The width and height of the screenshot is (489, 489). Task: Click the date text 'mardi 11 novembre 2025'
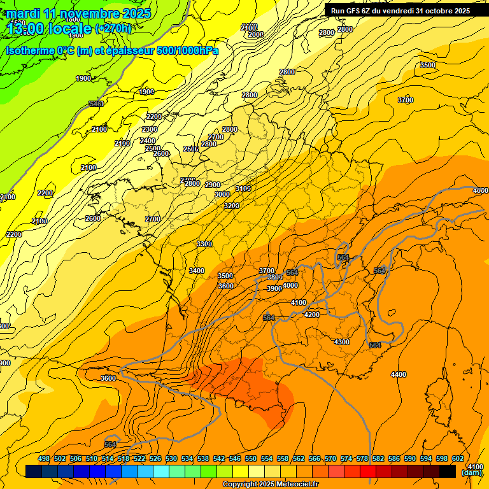(79, 13)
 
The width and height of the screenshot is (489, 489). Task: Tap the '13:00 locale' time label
(50, 29)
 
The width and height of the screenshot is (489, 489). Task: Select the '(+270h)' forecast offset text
(113, 29)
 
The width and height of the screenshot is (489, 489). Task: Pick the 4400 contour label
(399, 374)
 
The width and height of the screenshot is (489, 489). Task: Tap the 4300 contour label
(342, 342)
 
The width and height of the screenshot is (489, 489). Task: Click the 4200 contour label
(312, 315)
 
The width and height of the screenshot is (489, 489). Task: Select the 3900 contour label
(274, 288)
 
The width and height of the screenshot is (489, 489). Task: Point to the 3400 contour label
(197, 271)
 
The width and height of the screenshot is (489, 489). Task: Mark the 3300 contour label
(204, 244)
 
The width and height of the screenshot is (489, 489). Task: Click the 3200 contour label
(232, 206)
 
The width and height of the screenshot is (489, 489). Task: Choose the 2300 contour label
(150, 129)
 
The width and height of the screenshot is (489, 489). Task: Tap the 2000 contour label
(256, 34)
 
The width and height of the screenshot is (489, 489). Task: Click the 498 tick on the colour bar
(44, 459)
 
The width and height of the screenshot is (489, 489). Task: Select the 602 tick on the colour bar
(457, 459)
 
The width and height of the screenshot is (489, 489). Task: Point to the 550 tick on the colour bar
(251, 459)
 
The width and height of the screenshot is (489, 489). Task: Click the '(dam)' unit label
(471, 472)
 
